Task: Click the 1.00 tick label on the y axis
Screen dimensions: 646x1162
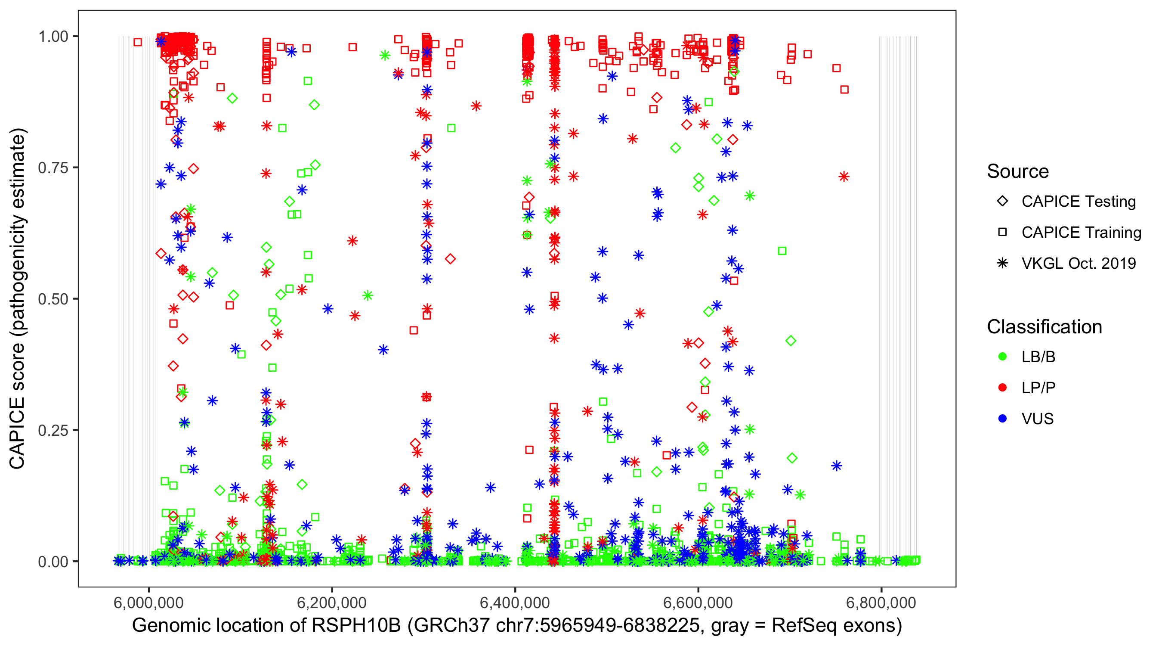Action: click(53, 37)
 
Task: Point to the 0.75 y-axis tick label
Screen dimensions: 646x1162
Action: click(53, 168)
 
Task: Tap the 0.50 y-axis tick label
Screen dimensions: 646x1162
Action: click(53, 299)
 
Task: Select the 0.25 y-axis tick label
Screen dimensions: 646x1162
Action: click(53, 430)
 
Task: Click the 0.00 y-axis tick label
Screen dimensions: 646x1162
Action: click(53, 562)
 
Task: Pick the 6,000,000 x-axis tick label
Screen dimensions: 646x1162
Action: click(148, 603)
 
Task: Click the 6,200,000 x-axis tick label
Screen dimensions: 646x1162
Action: click(331, 603)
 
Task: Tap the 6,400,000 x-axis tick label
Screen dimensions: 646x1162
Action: click(515, 603)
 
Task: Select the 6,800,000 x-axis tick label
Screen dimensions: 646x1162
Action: click(881, 603)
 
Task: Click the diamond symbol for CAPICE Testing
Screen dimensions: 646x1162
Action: click(1002, 202)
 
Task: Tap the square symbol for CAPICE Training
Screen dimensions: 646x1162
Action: click(1002, 233)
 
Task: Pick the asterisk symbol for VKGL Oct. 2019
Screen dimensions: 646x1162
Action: click(1002, 263)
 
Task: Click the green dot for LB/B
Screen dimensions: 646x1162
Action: click(1002, 357)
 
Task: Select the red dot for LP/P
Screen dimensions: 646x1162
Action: click(1002, 388)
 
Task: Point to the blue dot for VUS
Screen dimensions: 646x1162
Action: click(1002, 419)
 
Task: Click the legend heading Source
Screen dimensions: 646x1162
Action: click(1018, 171)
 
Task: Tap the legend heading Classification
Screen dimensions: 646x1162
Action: click(1044, 327)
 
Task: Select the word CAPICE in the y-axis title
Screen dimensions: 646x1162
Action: click(17, 433)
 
